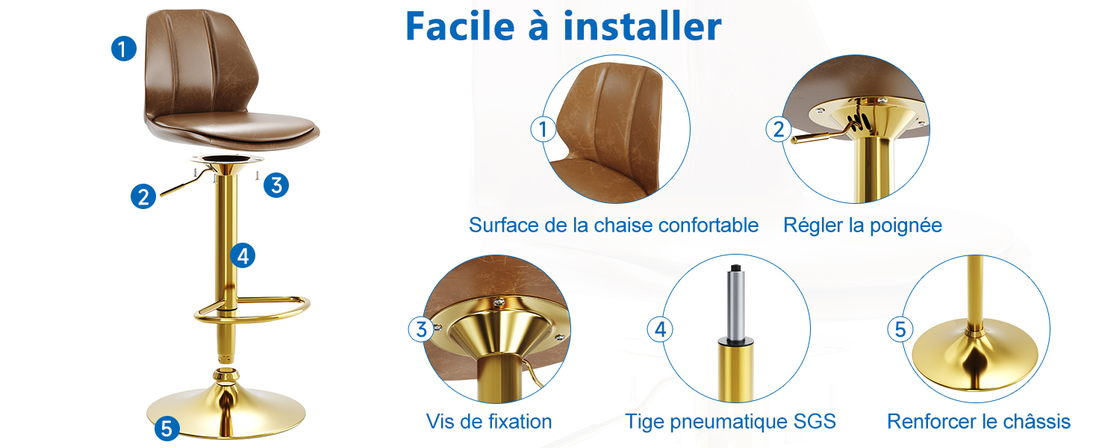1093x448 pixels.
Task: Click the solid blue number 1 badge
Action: pyautogui.click(x=123, y=49)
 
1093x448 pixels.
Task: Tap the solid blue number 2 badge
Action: pyautogui.click(x=143, y=196)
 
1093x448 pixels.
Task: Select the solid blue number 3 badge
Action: pyautogui.click(x=276, y=185)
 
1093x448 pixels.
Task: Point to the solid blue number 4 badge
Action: pyautogui.click(x=243, y=255)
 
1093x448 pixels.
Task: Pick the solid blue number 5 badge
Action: pyautogui.click(x=167, y=429)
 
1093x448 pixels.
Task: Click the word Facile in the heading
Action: pyautogui.click(x=460, y=26)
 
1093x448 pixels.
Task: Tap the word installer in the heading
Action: pyautogui.click(x=642, y=26)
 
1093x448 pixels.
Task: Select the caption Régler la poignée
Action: pyautogui.click(x=862, y=225)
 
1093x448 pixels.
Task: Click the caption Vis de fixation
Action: pyautogui.click(x=489, y=421)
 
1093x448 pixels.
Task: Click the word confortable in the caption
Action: pyautogui.click(x=708, y=225)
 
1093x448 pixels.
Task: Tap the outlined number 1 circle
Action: pyautogui.click(x=543, y=129)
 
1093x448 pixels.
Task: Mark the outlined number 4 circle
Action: pyautogui.click(x=660, y=329)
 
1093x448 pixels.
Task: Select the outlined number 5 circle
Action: pyautogui.click(x=900, y=329)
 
